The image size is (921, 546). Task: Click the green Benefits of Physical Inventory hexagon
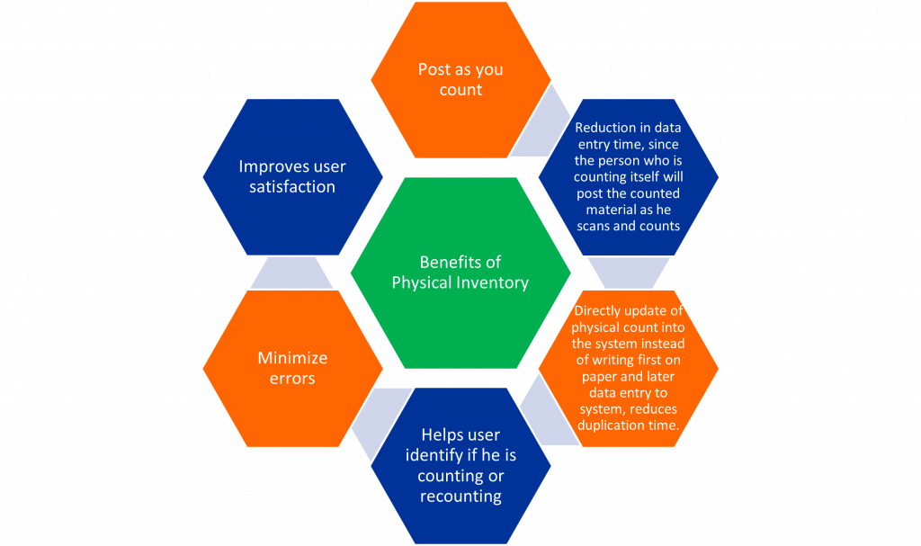(460, 273)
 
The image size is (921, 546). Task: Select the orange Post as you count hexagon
(460, 80)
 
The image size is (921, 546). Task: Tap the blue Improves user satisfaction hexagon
(292, 177)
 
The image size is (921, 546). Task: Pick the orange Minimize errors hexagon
(292, 369)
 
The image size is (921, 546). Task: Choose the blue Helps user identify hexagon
(460, 465)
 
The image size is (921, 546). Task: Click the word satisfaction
(292, 187)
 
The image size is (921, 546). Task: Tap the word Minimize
(292, 358)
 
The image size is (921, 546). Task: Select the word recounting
(460, 497)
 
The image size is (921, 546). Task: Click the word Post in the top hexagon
(434, 69)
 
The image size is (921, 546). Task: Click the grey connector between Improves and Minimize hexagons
(291, 273)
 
